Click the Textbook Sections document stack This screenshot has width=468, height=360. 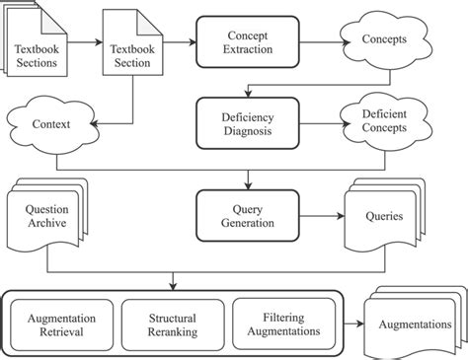[36, 43]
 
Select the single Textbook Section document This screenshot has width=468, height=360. [129, 43]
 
